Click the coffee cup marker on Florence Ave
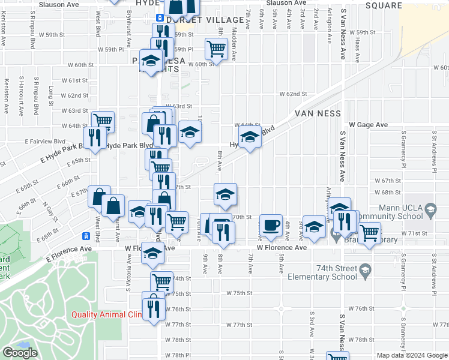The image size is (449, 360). [271, 225]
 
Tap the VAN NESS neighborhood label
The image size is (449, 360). [318, 113]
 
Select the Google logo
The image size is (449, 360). [20, 353]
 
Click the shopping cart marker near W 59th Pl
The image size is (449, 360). [215, 48]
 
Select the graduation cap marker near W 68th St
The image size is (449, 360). [226, 193]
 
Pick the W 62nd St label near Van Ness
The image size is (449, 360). [292, 94]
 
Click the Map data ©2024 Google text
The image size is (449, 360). [412, 355]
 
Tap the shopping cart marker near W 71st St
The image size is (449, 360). [369, 232]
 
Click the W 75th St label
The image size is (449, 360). [239, 293]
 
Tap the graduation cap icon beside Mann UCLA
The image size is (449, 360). [430, 209]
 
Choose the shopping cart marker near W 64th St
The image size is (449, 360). [103, 121]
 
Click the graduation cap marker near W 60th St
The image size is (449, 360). [151, 61]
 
